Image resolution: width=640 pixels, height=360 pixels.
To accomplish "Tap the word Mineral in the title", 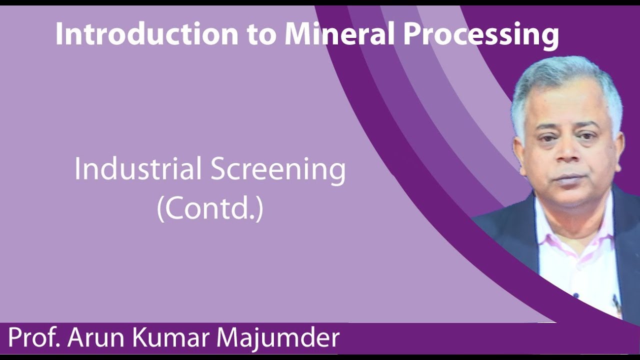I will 341,34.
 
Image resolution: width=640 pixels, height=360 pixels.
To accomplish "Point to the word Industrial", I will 137,169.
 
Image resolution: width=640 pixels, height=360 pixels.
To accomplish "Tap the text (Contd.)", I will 210,209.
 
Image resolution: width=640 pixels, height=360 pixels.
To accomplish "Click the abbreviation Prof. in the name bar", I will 33,338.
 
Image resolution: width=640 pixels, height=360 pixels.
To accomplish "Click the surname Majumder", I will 279,338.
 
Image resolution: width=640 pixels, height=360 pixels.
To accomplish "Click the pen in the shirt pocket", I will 616,302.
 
